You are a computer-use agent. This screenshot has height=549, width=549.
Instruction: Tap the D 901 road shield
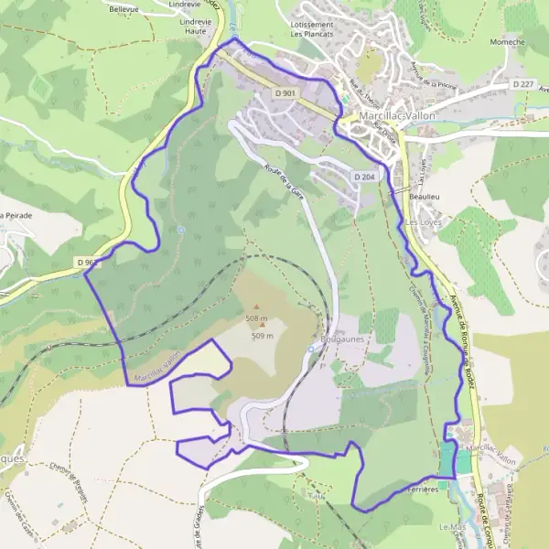tap(285, 93)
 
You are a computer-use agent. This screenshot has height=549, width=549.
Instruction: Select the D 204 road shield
tap(363, 176)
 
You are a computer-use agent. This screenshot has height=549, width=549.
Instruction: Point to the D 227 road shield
tap(522, 84)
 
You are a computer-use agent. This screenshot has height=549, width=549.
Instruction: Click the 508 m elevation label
tap(256, 318)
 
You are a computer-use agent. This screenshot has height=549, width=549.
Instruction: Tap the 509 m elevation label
tap(263, 336)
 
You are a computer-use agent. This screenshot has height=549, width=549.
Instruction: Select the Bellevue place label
tap(124, 9)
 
